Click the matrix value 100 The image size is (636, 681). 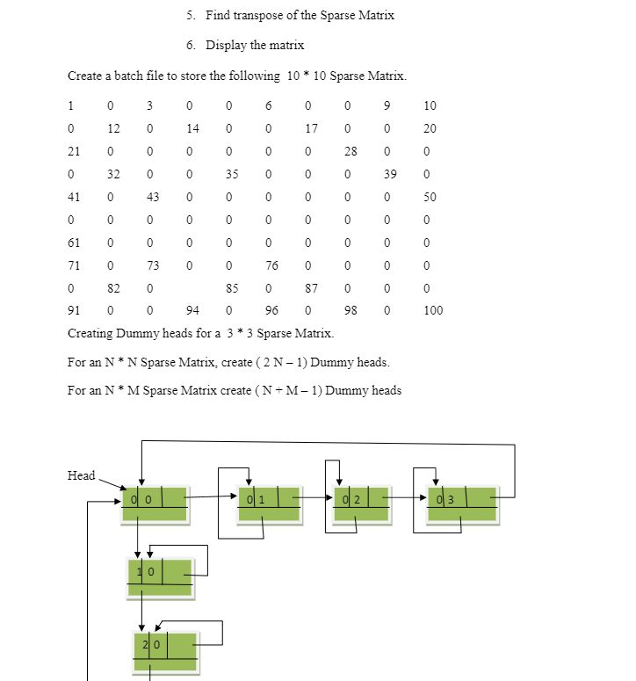[433, 310]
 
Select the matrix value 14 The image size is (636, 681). [192, 128]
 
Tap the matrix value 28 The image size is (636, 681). [351, 151]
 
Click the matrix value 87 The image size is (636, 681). [311, 287]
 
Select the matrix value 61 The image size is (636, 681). [74, 242]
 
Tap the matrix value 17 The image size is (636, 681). [311, 128]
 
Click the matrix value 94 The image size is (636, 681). [192, 310]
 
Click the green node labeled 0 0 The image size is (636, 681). [155, 503]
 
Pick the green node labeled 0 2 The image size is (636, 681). [366, 503]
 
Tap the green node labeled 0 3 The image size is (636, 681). [463, 503]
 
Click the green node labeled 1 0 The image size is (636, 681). [161, 576]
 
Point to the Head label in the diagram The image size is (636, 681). [81, 475]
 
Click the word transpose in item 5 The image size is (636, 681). [264, 15]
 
